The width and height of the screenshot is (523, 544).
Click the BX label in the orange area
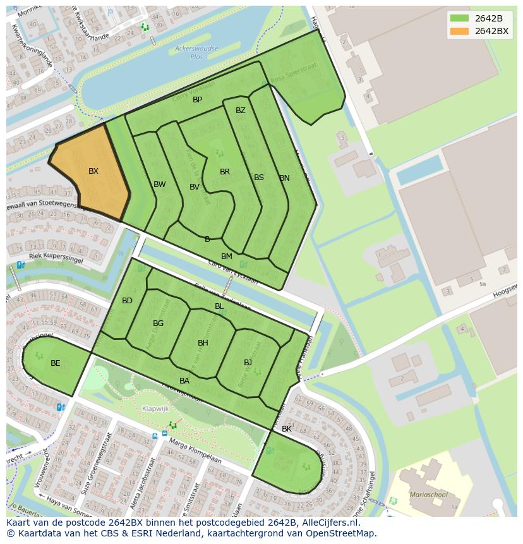tap(93, 171)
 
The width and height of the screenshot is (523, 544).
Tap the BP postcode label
tap(198, 100)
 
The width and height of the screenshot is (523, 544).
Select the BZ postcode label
tap(241, 111)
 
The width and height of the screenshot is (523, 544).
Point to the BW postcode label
tap(160, 184)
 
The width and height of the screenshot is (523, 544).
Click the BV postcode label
tap(195, 187)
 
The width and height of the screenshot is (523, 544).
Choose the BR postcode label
tap(225, 172)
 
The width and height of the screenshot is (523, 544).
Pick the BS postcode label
tap(259, 178)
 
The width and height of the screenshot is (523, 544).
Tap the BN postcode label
tap(285, 178)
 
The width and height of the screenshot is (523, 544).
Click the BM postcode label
tap(227, 257)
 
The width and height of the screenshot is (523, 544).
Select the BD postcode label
tap(128, 301)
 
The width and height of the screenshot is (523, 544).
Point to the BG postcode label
tap(159, 323)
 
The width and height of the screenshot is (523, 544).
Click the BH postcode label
tap(203, 343)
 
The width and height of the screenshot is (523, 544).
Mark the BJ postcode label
tap(248, 363)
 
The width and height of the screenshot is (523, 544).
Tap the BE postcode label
tap(56, 363)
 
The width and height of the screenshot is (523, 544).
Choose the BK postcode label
tap(287, 429)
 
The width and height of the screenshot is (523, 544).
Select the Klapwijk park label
tap(155, 409)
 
